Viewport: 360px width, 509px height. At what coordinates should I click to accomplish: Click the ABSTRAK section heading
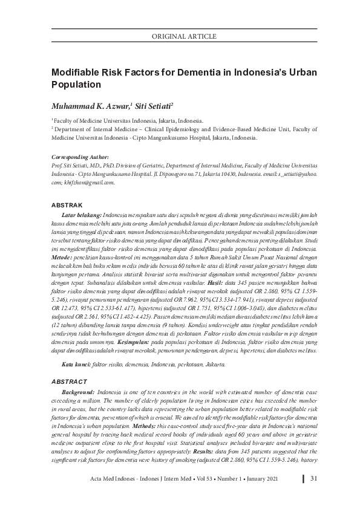[67, 206]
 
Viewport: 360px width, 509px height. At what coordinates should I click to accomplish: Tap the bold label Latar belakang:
[82, 215]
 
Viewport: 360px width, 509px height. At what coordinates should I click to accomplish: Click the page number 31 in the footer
[314, 497]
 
